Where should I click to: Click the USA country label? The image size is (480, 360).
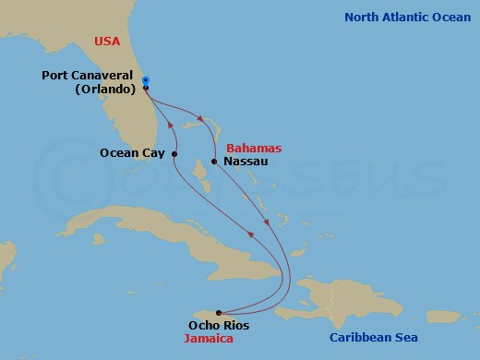coord(106,40)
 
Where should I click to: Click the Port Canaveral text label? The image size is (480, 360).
coord(91,77)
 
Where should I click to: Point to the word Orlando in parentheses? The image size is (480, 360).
coord(105,90)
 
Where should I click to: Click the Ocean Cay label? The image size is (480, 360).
coord(133,153)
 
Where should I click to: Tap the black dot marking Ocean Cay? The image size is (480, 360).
coord(174,153)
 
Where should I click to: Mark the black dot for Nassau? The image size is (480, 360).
coord(214,162)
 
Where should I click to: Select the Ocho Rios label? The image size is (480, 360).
coord(218,325)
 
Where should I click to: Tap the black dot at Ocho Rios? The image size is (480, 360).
coord(218,312)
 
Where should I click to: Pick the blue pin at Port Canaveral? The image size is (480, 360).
coord(146,81)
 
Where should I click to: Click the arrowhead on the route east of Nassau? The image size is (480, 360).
coord(267,222)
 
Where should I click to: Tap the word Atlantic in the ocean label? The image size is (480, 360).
coord(413,17)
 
